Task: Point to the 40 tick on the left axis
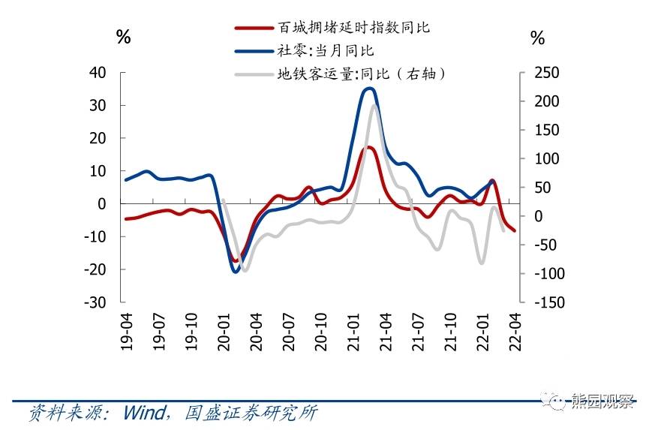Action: click(x=98, y=73)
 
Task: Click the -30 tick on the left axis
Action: click(x=95, y=302)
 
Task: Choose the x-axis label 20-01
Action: click(x=223, y=331)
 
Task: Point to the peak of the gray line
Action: click(x=374, y=106)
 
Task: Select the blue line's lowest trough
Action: click(x=236, y=272)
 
